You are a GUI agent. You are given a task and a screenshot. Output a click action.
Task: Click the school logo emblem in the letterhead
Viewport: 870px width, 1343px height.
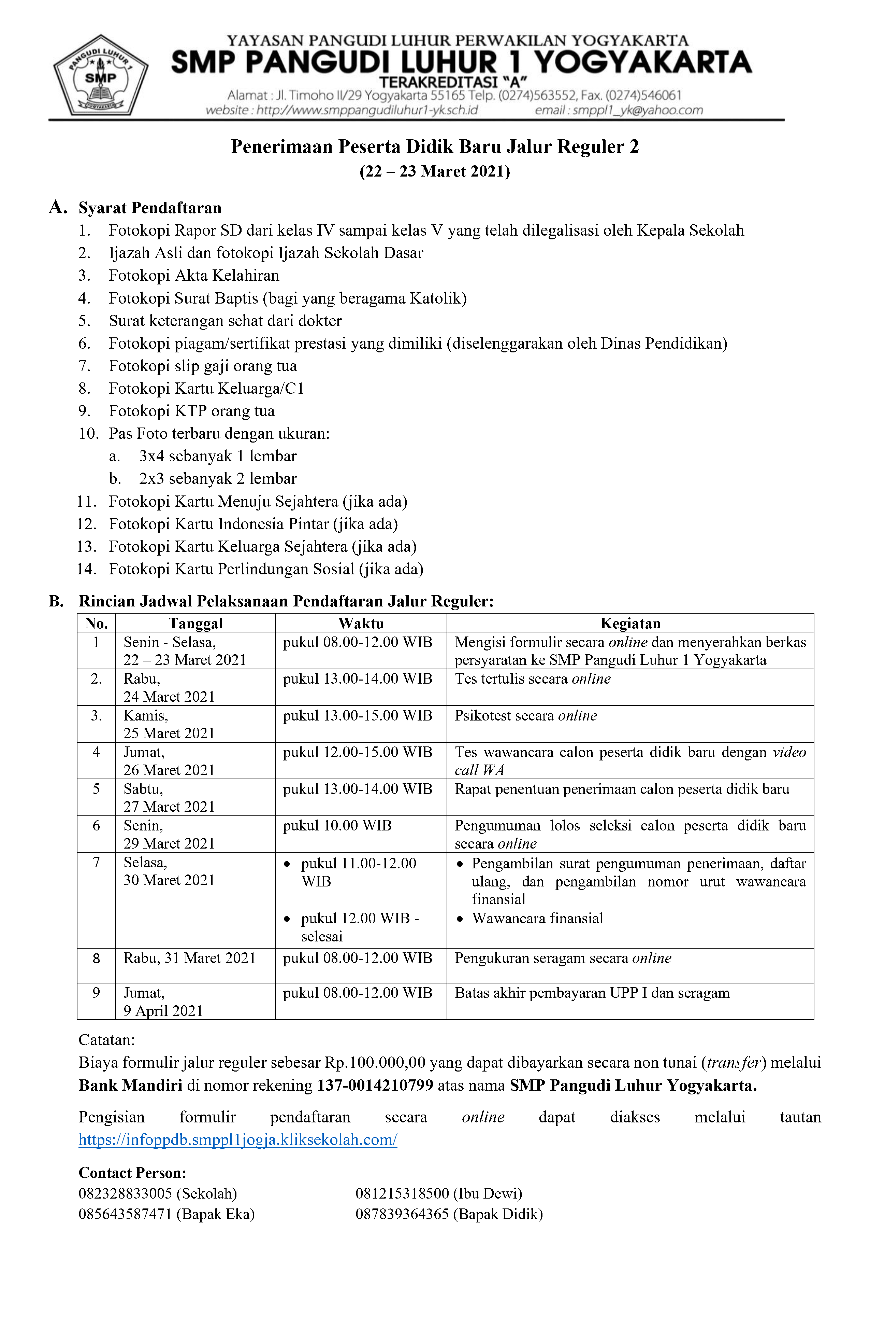click(100, 75)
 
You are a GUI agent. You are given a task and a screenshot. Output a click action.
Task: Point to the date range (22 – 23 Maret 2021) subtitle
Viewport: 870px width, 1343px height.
click(435, 171)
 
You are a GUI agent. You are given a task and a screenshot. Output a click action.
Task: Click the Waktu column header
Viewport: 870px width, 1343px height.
click(361, 623)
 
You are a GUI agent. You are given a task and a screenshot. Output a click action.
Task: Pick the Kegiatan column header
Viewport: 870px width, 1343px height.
click(630, 623)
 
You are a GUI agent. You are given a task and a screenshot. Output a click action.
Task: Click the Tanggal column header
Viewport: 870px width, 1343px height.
click(195, 623)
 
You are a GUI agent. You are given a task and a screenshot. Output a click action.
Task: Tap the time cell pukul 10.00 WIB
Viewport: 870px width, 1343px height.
click(337, 826)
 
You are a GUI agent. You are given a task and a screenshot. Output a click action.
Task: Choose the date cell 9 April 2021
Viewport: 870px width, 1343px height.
click(163, 1011)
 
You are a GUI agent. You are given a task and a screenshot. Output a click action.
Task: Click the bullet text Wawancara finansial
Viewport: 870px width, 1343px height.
click(537, 918)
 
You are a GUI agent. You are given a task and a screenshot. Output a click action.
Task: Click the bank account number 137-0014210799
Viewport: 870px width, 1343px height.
click(375, 1085)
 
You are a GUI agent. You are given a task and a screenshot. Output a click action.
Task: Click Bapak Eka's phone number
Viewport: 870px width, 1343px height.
click(125, 1214)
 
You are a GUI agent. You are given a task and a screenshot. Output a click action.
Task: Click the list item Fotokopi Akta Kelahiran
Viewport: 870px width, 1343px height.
click(194, 275)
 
